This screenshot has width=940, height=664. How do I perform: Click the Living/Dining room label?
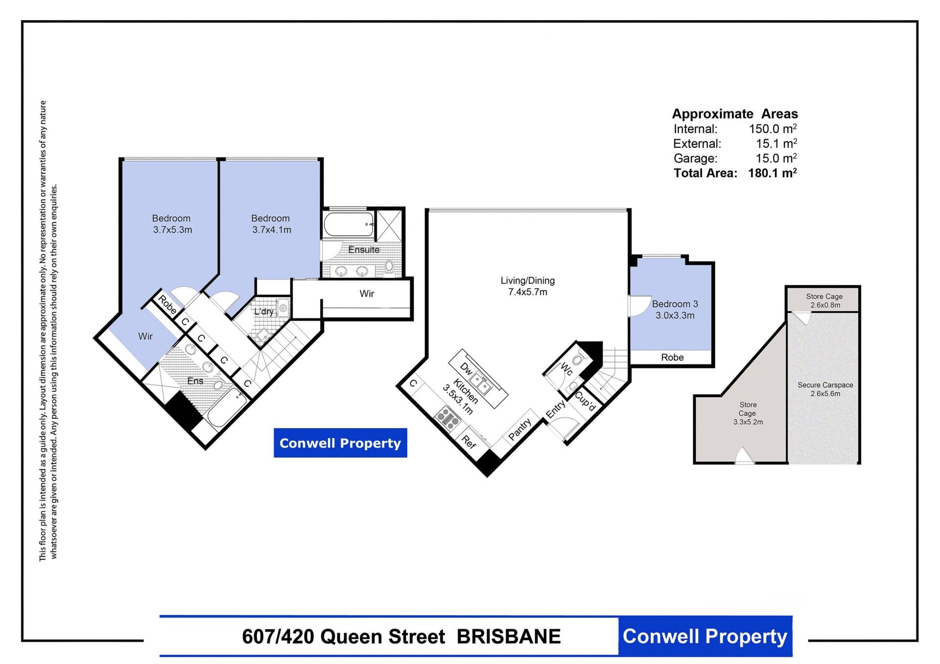point(527,281)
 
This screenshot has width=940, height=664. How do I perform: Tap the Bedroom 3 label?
point(675,304)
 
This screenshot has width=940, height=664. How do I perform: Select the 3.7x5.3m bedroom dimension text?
point(172,230)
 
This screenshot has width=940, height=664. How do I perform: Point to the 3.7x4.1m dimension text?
point(272,230)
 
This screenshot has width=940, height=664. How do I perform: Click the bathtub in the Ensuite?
point(349,225)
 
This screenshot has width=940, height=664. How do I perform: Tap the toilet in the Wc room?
point(579,358)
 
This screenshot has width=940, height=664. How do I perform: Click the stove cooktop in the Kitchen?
point(448,418)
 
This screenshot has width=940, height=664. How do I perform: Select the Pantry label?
point(519,429)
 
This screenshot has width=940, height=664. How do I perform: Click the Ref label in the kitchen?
point(469,442)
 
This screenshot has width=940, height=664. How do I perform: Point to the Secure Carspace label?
point(825,385)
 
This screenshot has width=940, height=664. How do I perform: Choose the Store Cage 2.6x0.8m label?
point(824,300)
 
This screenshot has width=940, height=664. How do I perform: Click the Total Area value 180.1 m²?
point(773,173)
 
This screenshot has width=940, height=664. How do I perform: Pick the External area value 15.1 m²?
point(776,144)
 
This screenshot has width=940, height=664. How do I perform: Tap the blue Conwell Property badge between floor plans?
point(340,443)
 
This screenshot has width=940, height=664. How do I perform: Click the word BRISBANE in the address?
point(509,637)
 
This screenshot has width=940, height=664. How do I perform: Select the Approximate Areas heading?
point(735,114)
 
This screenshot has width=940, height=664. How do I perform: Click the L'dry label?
point(264,312)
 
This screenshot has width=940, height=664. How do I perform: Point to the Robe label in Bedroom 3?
point(672,358)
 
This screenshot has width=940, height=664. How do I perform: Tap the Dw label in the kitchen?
point(466,369)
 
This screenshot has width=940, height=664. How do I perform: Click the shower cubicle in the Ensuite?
point(389,225)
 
